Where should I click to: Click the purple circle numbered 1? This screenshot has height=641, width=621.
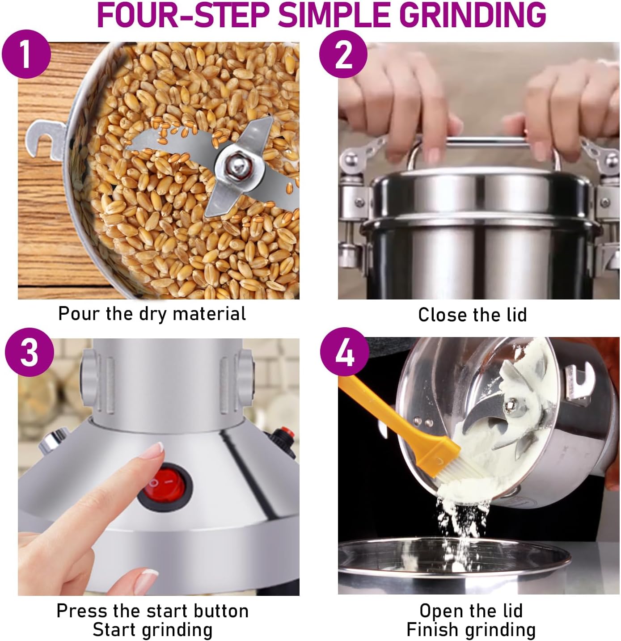tap(26, 54)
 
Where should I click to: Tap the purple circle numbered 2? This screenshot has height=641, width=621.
tap(343, 54)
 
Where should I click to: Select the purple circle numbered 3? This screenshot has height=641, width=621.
tap(30, 352)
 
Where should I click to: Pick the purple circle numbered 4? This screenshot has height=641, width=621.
tap(345, 351)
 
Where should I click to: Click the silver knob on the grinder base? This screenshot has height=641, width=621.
tap(53, 440)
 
